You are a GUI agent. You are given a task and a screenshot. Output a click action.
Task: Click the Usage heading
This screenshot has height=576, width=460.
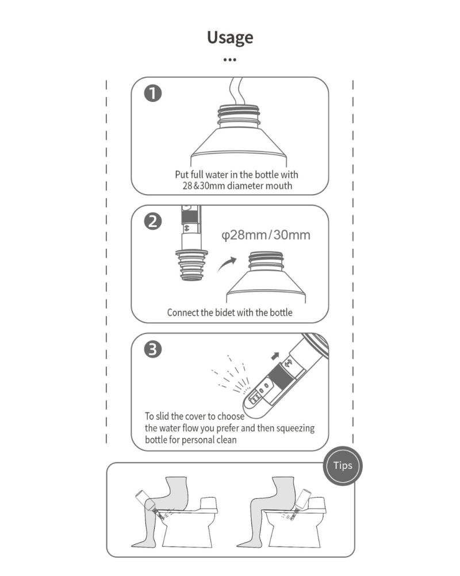point(230,37)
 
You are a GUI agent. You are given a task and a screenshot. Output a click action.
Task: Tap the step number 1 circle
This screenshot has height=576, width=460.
point(153,93)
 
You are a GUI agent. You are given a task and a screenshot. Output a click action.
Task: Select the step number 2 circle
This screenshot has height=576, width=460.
point(153,222)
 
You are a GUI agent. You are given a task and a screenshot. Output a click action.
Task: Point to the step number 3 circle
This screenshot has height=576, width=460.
point(153,350)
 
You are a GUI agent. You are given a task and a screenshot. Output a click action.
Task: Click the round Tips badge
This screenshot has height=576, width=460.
point(343,466)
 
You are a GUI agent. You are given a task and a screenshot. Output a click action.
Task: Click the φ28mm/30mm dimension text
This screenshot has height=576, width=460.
point(266,235)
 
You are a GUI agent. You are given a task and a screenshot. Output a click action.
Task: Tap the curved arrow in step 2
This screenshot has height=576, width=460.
point(227,264)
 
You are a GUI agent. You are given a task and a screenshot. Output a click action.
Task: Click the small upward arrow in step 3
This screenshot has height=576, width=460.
point(275,355)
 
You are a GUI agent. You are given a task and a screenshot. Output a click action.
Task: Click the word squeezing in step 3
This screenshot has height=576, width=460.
point(296,429)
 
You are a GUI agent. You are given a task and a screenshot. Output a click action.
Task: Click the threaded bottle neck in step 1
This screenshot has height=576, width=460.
point(239,116)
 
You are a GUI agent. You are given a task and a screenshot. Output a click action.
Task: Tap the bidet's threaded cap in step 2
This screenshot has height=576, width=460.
point(191,265)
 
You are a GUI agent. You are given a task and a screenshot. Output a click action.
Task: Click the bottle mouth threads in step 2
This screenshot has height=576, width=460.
point(266,261)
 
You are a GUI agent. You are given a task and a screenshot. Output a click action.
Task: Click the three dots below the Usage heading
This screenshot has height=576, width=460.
point(229,59)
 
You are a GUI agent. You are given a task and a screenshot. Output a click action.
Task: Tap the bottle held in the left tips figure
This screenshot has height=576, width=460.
point(144,499)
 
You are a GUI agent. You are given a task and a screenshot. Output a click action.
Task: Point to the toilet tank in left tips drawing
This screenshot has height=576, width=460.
point(208,505)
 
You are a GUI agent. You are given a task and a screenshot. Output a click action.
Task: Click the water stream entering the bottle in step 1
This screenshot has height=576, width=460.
point(236,91)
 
